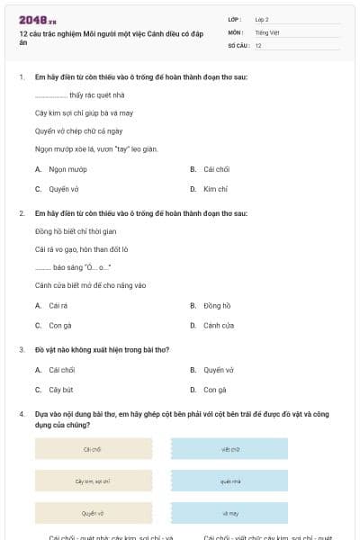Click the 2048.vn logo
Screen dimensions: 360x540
[38, 19]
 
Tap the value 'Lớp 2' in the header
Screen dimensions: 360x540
[262, 19]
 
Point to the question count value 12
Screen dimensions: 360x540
[258, 45]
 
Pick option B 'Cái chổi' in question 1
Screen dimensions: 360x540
[216, 169]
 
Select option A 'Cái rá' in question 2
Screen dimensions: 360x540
[58, 305]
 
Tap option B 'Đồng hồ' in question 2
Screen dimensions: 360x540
[217, 305]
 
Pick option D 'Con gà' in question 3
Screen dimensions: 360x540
[215, 390]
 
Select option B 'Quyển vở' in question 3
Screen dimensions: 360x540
[218, 370]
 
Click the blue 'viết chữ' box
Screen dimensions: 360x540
[229, 449]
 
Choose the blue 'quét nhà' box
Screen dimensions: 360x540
[229, 481]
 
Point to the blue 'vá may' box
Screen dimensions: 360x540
[229, 513]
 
